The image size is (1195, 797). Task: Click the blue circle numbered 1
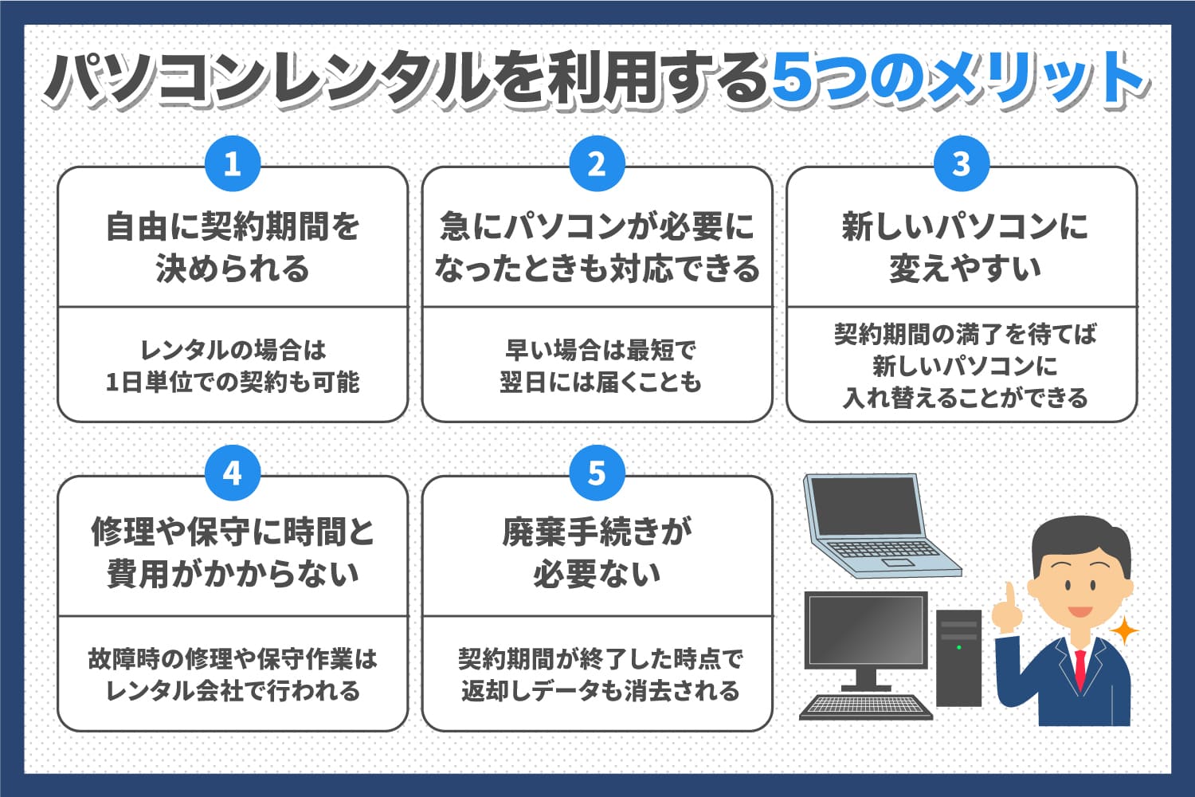click(233, 164)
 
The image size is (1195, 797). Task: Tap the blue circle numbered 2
click(597, 164)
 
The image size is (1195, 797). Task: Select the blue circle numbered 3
click(962, 164)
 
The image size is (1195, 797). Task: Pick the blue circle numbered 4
click(233, 473)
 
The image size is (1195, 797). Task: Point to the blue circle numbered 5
click(597, 473)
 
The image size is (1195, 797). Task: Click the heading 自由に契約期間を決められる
click(233, 247)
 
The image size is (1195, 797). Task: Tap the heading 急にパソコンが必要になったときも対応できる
click(597, 247)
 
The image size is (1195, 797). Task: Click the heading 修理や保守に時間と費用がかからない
click(233, 552)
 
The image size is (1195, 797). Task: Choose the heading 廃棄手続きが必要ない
click(597, 552)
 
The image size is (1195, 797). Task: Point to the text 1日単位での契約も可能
click(233, 383)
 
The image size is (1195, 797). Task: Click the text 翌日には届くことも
click(600, 383)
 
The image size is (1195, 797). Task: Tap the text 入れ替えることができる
click(965, 397)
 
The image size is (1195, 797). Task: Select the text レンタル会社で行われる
click(233, 690)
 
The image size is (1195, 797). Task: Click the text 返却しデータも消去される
click(600, 690)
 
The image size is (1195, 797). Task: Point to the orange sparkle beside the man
click(1124, 631)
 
